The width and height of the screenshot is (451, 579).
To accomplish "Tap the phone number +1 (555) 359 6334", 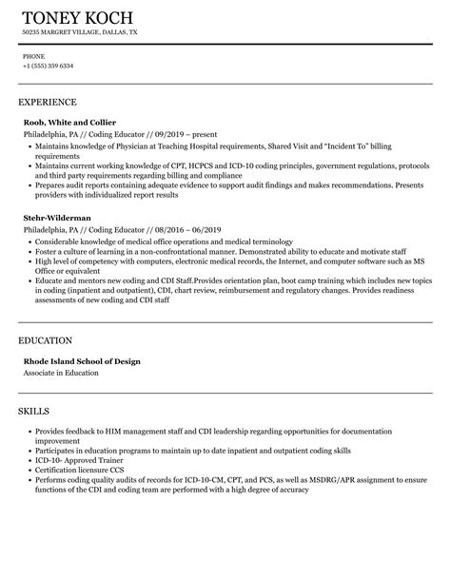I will point(49,66).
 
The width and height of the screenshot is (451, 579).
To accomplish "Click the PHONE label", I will point(33,56).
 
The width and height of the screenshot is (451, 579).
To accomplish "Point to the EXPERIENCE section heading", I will point(48,102).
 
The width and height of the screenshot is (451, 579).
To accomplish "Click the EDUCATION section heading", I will point(46,339).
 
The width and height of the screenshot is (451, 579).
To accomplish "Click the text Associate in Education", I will point(61,373).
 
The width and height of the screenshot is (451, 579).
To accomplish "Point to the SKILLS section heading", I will point(36,412).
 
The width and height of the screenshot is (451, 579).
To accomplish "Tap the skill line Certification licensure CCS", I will point(80,469).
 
